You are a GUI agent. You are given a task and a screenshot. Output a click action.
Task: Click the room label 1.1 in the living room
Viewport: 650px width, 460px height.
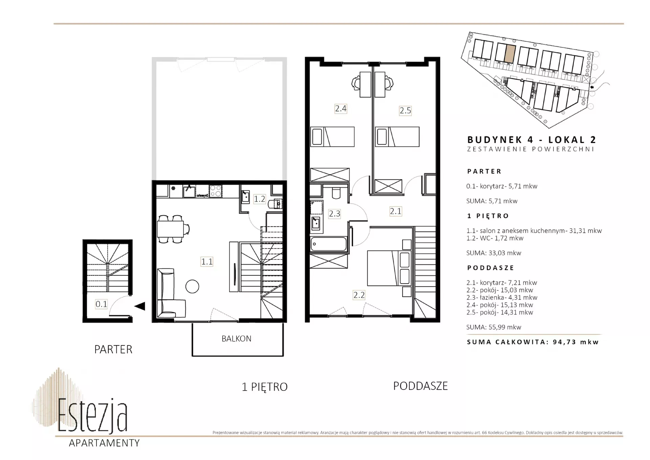click(x=207, y=262)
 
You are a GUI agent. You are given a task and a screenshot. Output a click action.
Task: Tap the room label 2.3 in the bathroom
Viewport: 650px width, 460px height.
click(x=334, y=214)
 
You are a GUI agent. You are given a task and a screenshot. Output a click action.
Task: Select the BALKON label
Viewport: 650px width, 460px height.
click(x=236, y=338)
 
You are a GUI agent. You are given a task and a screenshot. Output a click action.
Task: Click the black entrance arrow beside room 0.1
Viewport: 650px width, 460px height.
click(x=140, y=306)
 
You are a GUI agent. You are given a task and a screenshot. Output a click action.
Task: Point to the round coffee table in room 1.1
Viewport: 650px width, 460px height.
click(x=192, y=286)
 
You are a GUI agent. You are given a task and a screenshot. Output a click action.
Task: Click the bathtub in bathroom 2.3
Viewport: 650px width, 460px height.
click(x=329, y=244)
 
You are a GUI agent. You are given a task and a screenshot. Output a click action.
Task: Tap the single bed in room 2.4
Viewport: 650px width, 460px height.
click(x=332, y=137)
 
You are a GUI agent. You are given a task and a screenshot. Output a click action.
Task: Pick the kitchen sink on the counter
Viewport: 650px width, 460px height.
click(x=189, y=191)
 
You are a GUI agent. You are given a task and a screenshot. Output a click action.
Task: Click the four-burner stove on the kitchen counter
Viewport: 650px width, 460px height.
click(x=215, y=191)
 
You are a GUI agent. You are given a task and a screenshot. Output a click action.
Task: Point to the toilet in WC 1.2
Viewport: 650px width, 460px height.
click(x=275, y=204)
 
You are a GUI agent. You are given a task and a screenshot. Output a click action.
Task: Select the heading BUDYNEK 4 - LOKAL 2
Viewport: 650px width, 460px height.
click(x=532, y=140)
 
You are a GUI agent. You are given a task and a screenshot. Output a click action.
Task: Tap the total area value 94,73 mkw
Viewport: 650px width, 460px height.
click(x=576, y=342)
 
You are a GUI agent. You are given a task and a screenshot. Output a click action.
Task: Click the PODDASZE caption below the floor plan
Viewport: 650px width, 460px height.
click(x=420, y=386)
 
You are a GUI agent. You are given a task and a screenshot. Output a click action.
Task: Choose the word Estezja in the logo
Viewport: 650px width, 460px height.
click(x=93, y=416)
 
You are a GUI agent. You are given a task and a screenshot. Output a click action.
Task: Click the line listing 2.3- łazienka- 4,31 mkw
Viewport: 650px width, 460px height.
click(x=502, y=297)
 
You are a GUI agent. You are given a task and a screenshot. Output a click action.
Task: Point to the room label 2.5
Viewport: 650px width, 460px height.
click(x=405, y=110)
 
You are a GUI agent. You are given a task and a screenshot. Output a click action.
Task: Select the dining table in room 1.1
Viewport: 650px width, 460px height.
click(x=171, y=229)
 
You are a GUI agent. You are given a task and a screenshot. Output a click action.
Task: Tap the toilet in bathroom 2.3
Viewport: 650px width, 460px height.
click(x=336, y=192)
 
